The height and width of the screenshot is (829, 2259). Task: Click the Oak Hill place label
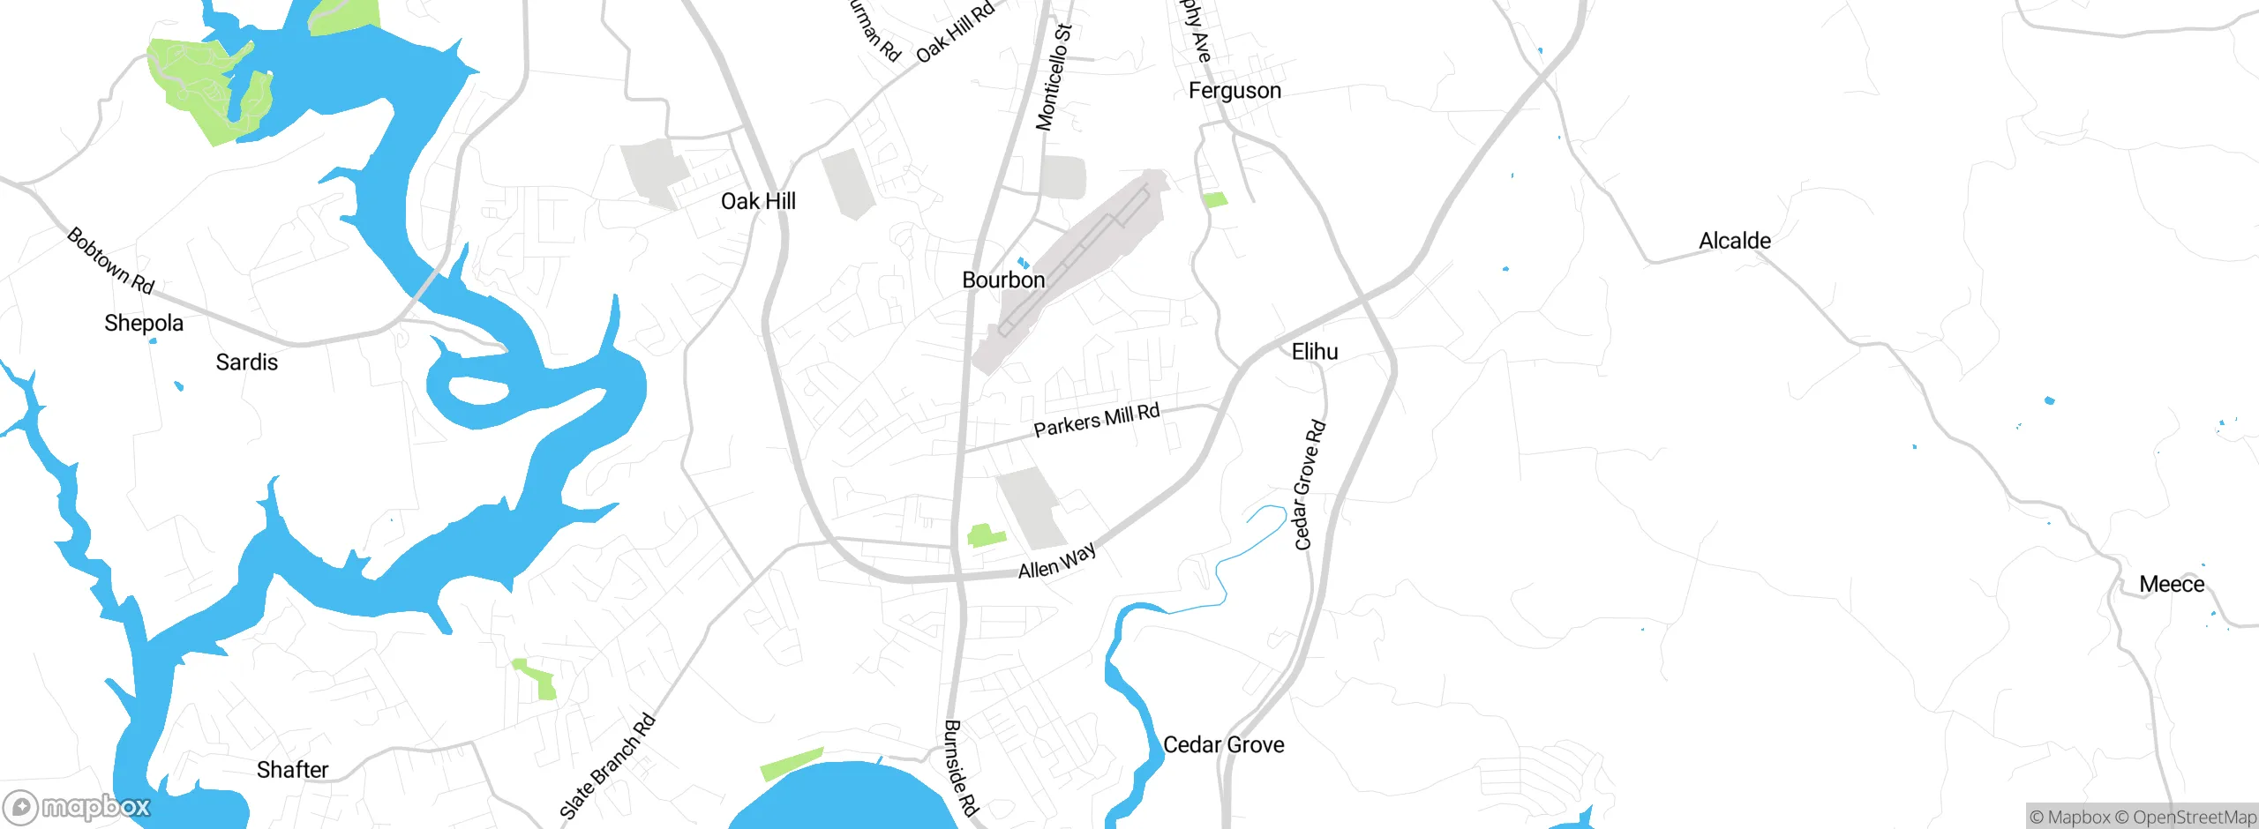pyautogui.click(x=758, y=201)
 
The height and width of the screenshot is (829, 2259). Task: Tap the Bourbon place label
pyautogui.click(x=1003, y=280)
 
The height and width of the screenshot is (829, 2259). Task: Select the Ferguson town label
pyautogui.click(x=1235, y=90)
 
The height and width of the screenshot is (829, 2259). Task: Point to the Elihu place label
pyautogui.click(x=1315, y=351)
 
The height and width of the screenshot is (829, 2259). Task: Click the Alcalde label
pyautogui.click(x=1734, y=241)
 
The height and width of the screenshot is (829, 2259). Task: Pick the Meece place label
pyautogui.click(x=2171, y=584)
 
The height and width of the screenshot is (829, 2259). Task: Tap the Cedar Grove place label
pyautogui.click(x=1223, y=744)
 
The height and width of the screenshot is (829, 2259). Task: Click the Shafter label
pyautogui.click(x=292, y=769)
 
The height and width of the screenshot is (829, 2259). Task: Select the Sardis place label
pyautogui.click(x=246, y=362)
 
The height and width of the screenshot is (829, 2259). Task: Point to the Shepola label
pyautogui.click(x=144, y=323)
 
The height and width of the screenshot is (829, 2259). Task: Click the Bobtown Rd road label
pyautogui.click(x=111, y=261)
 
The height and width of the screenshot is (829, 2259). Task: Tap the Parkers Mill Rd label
pyautogui.click(x=1096, y=421)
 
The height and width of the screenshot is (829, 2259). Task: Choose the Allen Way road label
pyautogui.click(x=1057, y=561)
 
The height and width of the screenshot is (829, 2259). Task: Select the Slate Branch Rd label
pyautogui.click(x=608, y=766)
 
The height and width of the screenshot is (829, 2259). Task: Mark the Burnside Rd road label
pyautogui.click(x=961, y=767)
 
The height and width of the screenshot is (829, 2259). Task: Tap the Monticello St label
pyautogui.click(x=1054, y=78)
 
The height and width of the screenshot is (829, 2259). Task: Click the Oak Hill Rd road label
pyautogui.click(x=956, y=33)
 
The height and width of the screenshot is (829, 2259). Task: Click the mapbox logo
pyautogui.click(x=78, y=807)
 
